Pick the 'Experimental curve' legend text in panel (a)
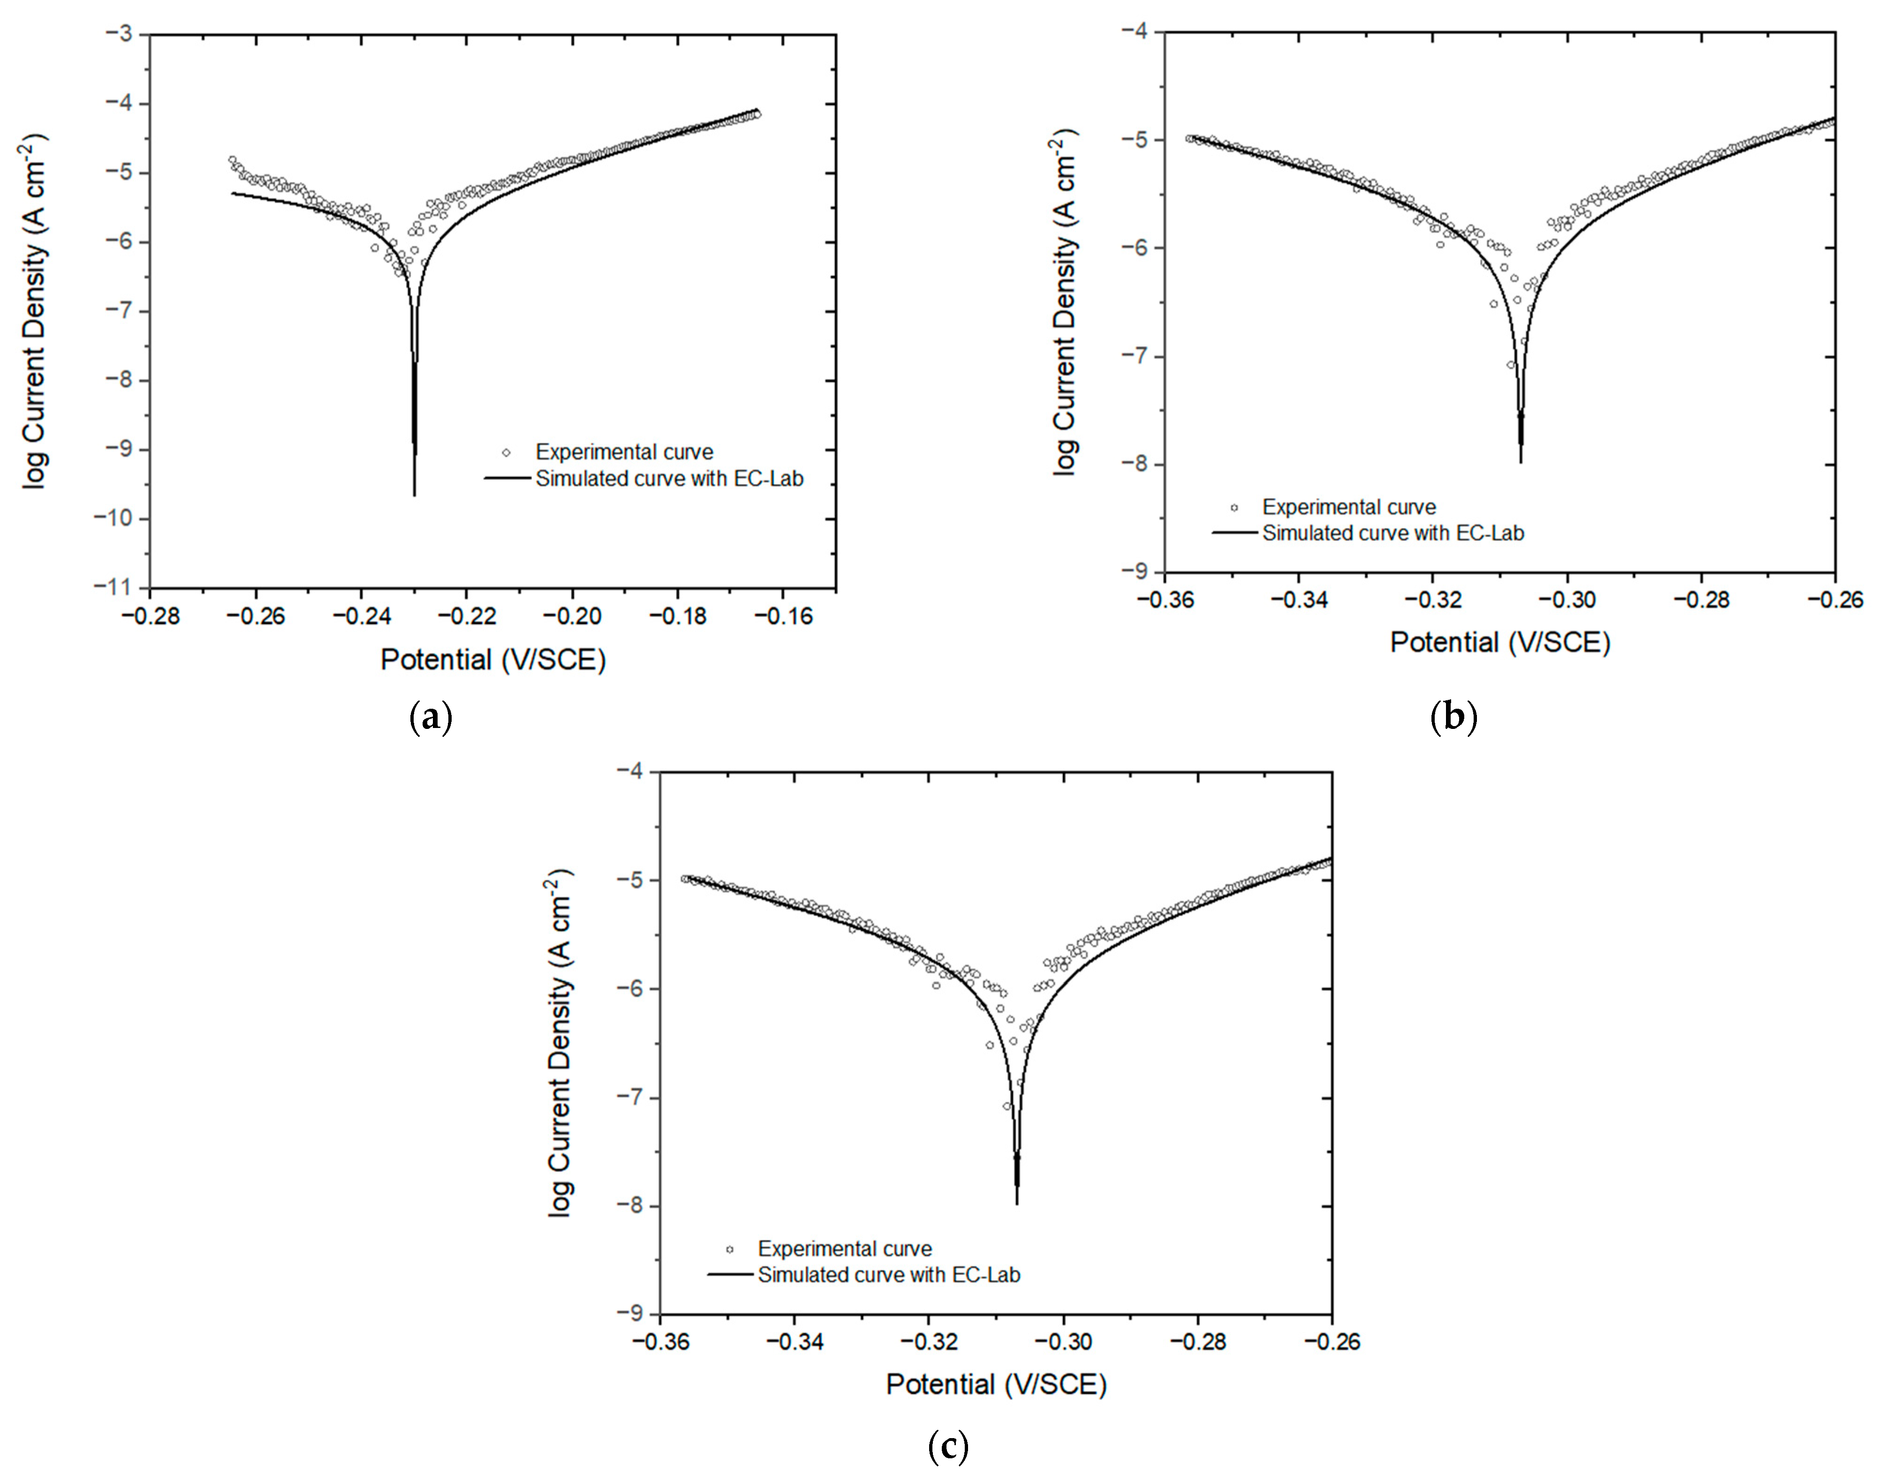(624, 452)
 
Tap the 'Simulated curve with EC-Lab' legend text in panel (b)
(1393, 533)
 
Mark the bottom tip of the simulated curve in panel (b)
(1521, 462)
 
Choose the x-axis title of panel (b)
(1500, 642)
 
